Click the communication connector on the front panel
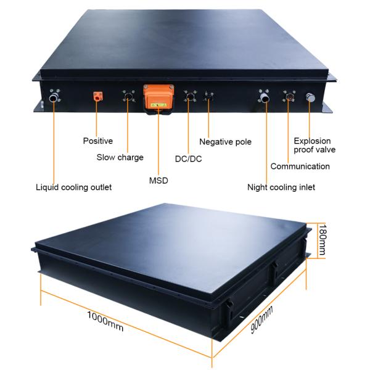[x=287, y=96]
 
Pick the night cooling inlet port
[x=265, y=96]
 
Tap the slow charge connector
[x=128, y=97]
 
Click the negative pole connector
[x=208, y=97]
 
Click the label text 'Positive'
[x=97, y=141]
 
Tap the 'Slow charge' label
[x=120, y=157]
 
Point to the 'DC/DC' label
[x=187, y=159]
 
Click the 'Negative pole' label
[x=225, y=142]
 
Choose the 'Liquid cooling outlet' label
[x=73, y=187]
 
